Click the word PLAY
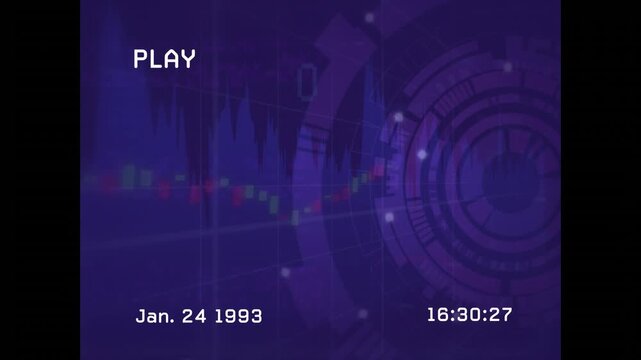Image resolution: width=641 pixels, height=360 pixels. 164,59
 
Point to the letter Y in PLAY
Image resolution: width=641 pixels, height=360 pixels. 188,59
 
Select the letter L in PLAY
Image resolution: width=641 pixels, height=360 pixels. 156,59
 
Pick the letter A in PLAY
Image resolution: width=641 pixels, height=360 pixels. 172,59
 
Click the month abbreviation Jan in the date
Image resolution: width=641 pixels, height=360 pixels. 152,316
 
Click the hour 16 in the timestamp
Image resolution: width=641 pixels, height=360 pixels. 437,315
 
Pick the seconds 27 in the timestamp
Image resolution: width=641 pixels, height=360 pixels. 501,315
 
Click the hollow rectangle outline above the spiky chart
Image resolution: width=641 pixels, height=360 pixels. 307,78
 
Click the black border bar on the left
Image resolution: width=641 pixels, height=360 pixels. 40,180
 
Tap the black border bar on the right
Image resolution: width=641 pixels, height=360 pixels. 601,180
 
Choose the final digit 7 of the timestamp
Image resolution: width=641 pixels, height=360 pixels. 507,315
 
